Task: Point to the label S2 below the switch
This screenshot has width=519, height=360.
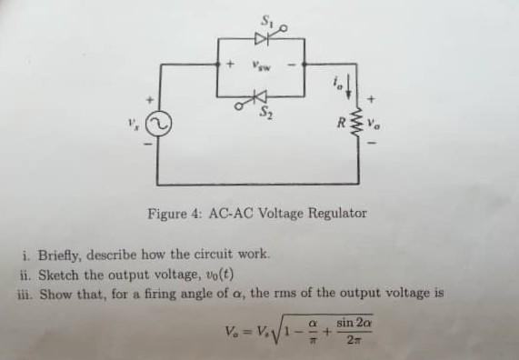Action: click(267, 113)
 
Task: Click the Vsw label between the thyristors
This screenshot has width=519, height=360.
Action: click(260, 66)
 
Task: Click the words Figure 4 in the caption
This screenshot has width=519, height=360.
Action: click(174, 214)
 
